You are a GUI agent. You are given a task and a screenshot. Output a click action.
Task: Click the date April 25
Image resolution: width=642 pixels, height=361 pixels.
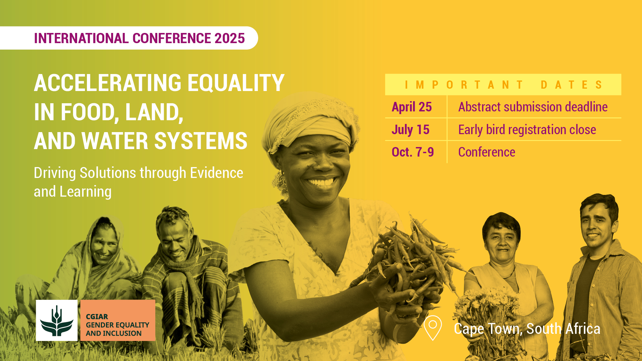pos(412,107)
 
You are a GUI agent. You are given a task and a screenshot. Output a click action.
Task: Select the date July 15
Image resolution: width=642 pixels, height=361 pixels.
pos(410,130)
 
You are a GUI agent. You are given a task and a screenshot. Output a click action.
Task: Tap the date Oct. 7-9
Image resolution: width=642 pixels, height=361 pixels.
pos(413,152)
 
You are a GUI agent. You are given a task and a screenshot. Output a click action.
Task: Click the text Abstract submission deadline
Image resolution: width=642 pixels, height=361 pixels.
pos(533,107)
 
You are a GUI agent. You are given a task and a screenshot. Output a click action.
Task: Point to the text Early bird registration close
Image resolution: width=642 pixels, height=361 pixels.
pos(527,130)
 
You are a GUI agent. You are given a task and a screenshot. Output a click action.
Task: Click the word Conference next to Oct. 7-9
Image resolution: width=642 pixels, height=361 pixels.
pos(487,152)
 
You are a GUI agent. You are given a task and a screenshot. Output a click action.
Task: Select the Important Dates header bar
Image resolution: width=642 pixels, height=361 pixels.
pos(503,85)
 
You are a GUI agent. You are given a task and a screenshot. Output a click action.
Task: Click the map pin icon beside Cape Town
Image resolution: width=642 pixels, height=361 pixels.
pos(433,328)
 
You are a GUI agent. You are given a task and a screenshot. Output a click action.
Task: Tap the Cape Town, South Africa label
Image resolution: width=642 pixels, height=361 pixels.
pos(527,329)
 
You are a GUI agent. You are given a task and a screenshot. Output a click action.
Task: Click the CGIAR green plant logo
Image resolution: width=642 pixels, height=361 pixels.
pos(57,321)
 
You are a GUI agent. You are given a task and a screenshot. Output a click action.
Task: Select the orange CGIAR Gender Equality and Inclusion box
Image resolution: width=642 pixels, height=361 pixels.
pos(118,321)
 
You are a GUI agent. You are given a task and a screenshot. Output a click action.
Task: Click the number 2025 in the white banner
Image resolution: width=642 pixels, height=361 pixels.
pos(230,38)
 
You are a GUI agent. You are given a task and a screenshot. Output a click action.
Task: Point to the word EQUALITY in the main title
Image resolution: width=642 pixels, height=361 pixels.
pos(236,83)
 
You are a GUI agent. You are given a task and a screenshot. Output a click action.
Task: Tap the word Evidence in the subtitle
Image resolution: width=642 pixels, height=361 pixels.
pos(217,173)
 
